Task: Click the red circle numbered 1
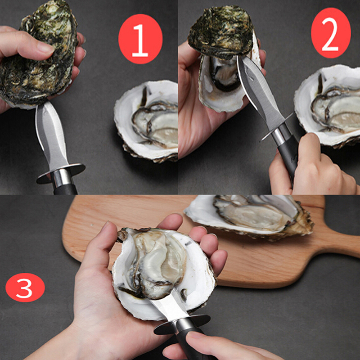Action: click(x=140, y=39)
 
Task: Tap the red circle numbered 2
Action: click(x=331, y=33)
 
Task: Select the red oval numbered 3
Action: click(x=25, y=288)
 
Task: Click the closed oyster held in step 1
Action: click(x=38, y=55)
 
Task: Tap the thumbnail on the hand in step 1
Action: click(x=45, y=48)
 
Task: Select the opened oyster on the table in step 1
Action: click(x=147, y=121)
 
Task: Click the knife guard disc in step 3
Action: click(x=182, y=324)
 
